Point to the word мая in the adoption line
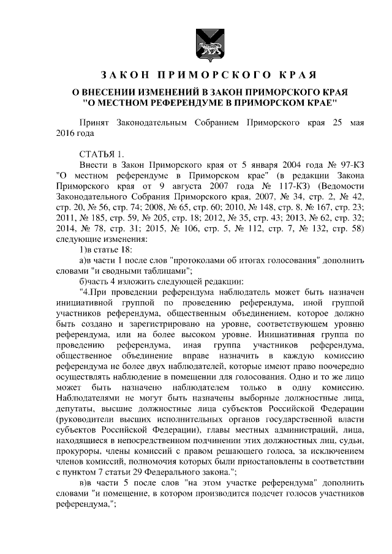(x=355, y=122)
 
